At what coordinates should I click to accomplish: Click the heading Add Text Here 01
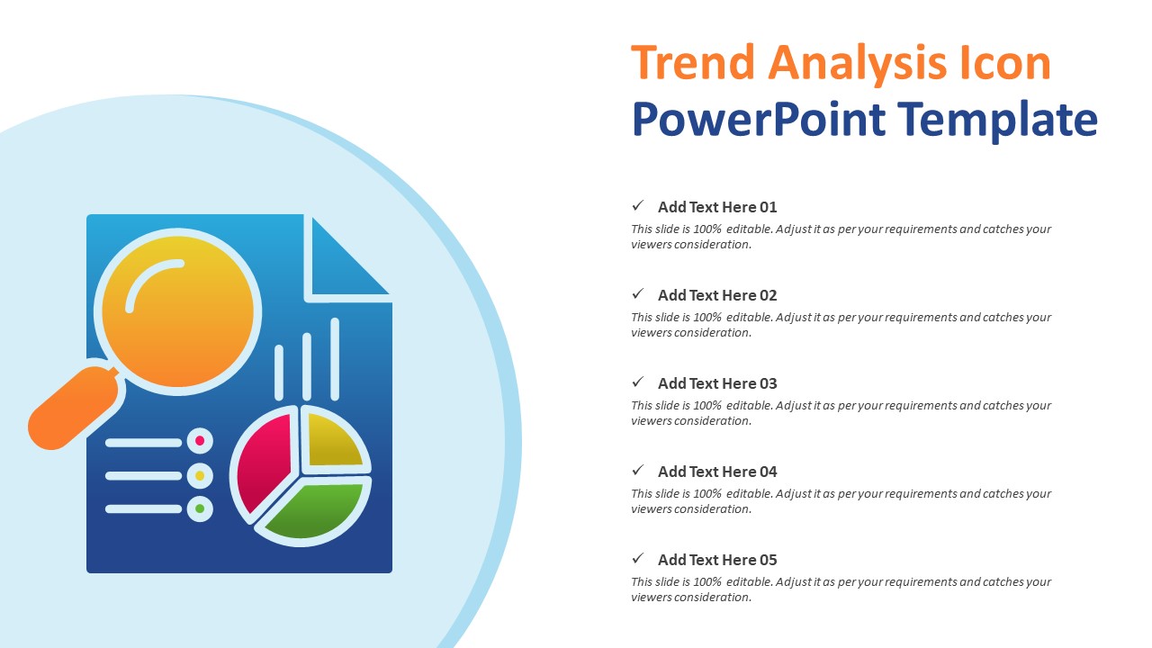[x=716, y=207]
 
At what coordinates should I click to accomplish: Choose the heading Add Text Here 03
[x=716, y=383]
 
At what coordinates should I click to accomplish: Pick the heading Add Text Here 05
[x=716, y=560]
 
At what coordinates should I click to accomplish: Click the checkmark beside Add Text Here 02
[x=638, y=293]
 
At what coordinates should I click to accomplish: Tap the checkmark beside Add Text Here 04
[x=638, y=470]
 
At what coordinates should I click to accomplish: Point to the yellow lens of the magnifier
[x=177, y=311]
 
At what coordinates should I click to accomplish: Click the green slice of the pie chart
[x=313, y=510]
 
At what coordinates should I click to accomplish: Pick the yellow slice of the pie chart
[x=333, y=440]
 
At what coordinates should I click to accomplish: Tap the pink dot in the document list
[x=200, y=441]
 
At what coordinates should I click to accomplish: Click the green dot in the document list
[x=200, y=508]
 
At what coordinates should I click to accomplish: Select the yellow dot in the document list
[x=200, y=475]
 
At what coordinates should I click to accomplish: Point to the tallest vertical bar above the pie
[x=335, y=358]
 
